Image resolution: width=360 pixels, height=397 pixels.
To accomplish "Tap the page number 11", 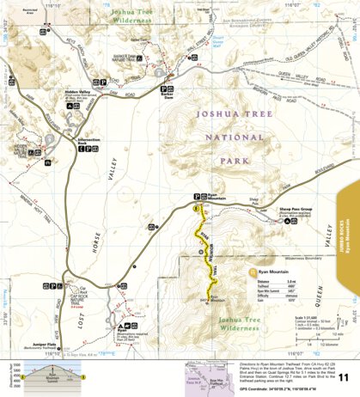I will [x=343, y=377].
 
